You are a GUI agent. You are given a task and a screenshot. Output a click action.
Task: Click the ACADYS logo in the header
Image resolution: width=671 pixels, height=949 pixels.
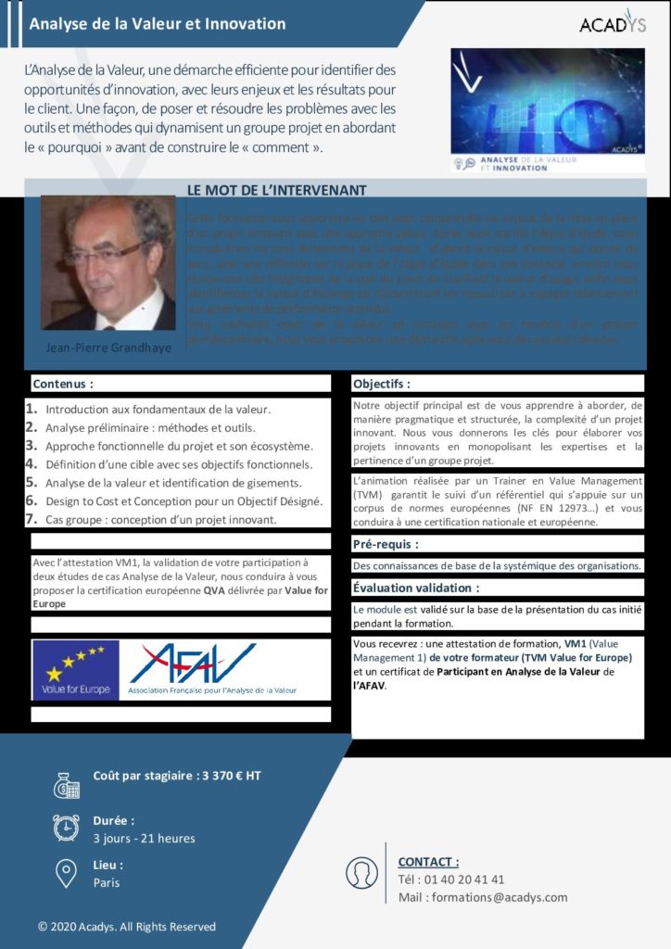[x=611, y=23]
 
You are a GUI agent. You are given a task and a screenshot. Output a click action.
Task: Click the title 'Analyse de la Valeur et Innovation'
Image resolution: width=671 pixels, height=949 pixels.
[x=158, y=24]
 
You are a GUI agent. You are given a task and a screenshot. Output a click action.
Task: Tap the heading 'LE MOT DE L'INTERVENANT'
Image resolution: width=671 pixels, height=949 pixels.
[x=276, y=190]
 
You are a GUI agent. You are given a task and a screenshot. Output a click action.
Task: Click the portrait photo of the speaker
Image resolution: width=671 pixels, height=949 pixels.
[x=108, y=263]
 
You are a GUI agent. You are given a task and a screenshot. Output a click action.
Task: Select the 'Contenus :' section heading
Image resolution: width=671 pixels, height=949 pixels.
[x=63, y=383]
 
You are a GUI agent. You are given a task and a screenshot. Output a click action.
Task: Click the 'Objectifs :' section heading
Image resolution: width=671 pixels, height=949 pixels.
[x=382, y=383]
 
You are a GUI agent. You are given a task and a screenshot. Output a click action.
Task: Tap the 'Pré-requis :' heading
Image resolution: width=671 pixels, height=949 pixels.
[x=385, y=544]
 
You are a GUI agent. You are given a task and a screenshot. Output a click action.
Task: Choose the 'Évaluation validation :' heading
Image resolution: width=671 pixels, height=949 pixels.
[x=416, y=588]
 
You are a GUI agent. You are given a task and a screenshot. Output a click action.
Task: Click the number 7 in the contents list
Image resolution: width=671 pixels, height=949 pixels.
[x=32, y=519]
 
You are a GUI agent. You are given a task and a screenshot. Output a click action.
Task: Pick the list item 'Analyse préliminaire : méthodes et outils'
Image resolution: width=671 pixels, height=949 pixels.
[x=150, y=427]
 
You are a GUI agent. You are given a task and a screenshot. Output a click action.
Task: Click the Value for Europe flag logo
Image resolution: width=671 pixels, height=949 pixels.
[x=75, y=669]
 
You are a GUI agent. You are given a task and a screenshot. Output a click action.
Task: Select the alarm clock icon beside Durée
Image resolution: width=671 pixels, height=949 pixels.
[x=66, y=828]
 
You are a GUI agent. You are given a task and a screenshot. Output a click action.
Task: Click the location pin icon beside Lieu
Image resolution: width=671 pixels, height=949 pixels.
[x=66, y=872]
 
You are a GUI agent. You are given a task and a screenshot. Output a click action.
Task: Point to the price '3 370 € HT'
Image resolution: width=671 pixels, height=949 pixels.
[x=231, y=777]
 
